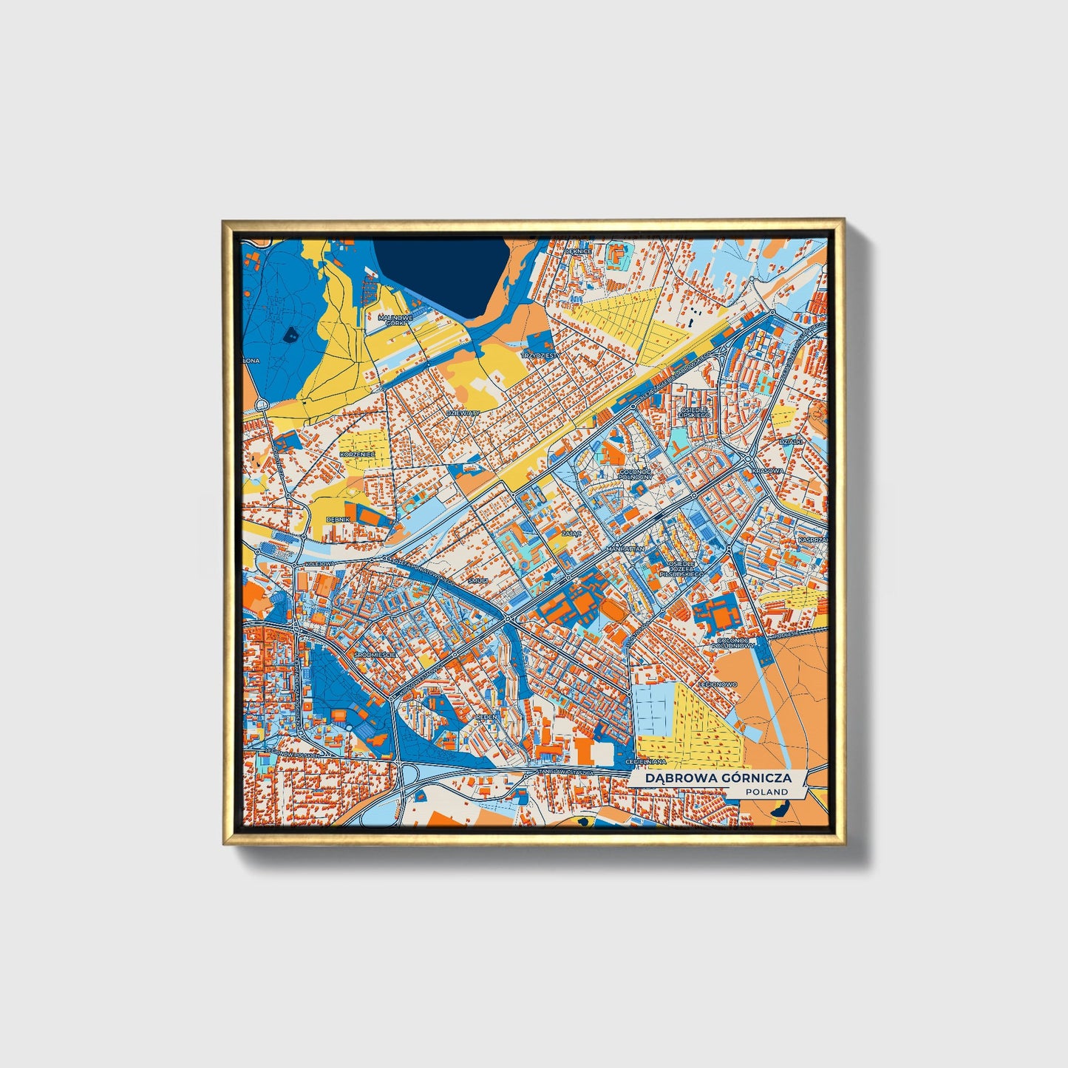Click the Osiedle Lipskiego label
pos(694,412)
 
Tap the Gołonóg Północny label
pos(634,474)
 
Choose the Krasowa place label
pos(766,471)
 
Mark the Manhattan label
pos(625,550)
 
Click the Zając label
pos(571,532)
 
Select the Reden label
pos(487,716)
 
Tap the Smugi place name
pos(478,581)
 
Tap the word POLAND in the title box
pos(766,792)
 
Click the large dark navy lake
pos(436,273)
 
